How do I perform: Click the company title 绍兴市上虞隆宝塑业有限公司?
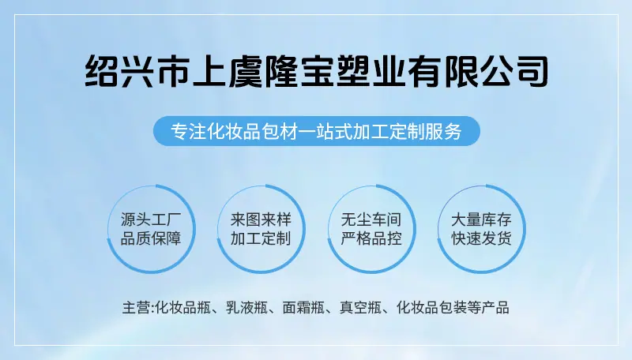click(317, 71)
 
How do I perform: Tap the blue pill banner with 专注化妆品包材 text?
click(317, 131)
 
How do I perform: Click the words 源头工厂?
click(151, 219)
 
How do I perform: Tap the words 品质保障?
click(151, 238)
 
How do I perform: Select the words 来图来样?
click(261, 219)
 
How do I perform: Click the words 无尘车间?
click(371, 219)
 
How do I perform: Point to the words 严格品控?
click(371, 238)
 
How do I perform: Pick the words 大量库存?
click(481, 219)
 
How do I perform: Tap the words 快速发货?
click(481, 238)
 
